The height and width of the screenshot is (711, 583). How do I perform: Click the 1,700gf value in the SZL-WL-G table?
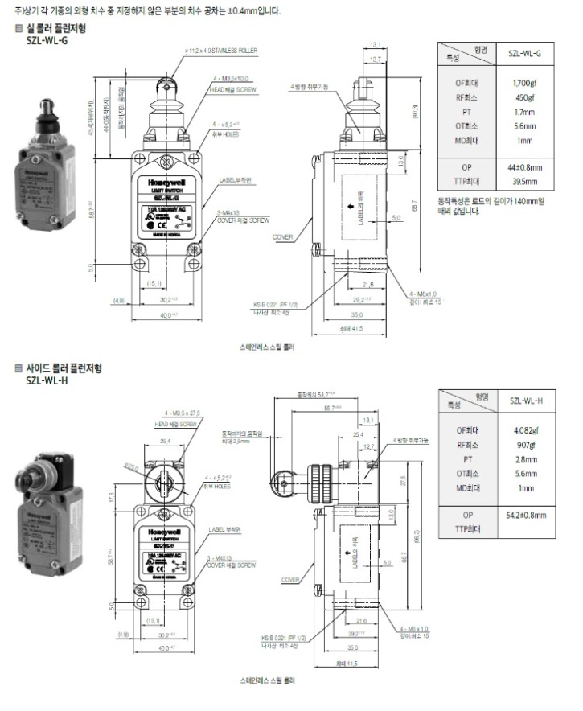coord(525,83)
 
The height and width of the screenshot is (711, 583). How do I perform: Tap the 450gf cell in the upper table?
coord(525,97)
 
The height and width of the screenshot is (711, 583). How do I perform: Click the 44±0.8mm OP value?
coord(526,167)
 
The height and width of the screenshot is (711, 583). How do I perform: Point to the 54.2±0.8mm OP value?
coord(526,514)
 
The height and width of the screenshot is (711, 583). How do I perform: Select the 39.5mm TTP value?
coord(525,182)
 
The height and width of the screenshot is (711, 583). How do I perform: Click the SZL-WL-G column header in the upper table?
coord(525,53)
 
